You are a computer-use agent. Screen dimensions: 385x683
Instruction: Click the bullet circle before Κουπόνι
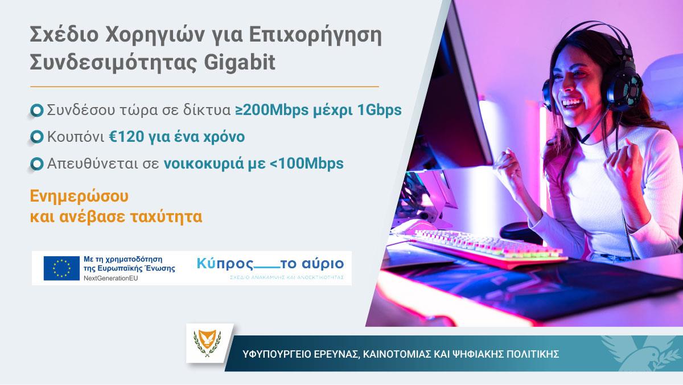(x=37, y=137)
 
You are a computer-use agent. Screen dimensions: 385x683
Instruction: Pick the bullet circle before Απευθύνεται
(x=37, y=164)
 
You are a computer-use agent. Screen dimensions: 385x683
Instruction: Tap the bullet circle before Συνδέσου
(x=37, y=110)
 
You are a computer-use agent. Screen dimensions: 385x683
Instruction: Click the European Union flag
(x=61, y=268)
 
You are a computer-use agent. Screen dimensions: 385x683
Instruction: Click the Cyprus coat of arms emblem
(x=209, y=343)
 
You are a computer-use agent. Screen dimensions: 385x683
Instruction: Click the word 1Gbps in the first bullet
(x=380, y=110)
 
